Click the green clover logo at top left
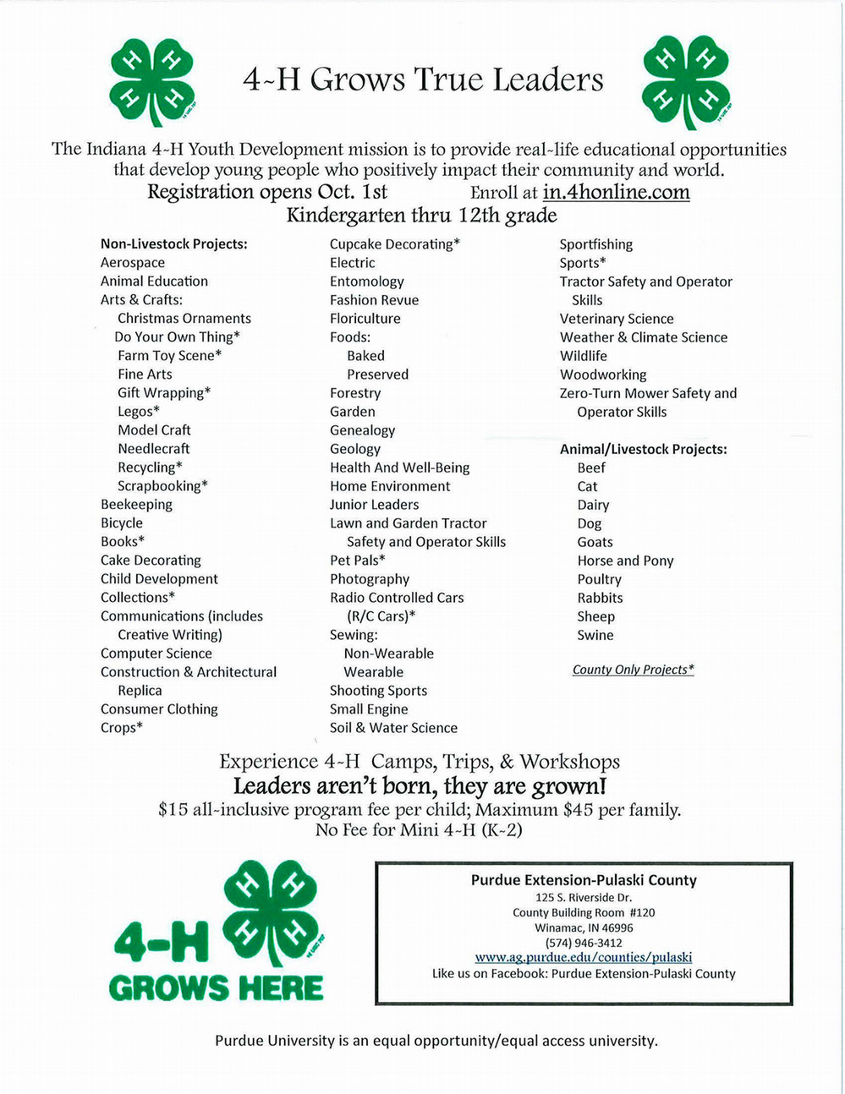tap(153, 80)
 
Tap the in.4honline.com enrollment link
tap(616, 193)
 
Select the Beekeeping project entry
tap(136, 505)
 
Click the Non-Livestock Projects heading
tap(173, 244)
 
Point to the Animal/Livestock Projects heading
tap(643, 449)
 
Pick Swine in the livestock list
tap(595, 635)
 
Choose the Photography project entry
tap(370, 579)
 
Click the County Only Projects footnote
tap(633, 670)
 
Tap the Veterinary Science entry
tap(617, 319)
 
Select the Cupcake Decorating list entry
tap(395, 244)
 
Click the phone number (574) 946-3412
tap(584, 943)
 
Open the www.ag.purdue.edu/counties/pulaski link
tap(584, 958)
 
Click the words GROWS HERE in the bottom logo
tap(216, 987)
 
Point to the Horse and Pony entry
tap(625, 561)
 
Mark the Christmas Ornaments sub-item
tap(184, 319)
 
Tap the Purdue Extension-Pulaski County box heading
tap(584, 880)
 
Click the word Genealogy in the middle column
tap(362, 430)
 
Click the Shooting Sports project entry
tap(378, 691)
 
